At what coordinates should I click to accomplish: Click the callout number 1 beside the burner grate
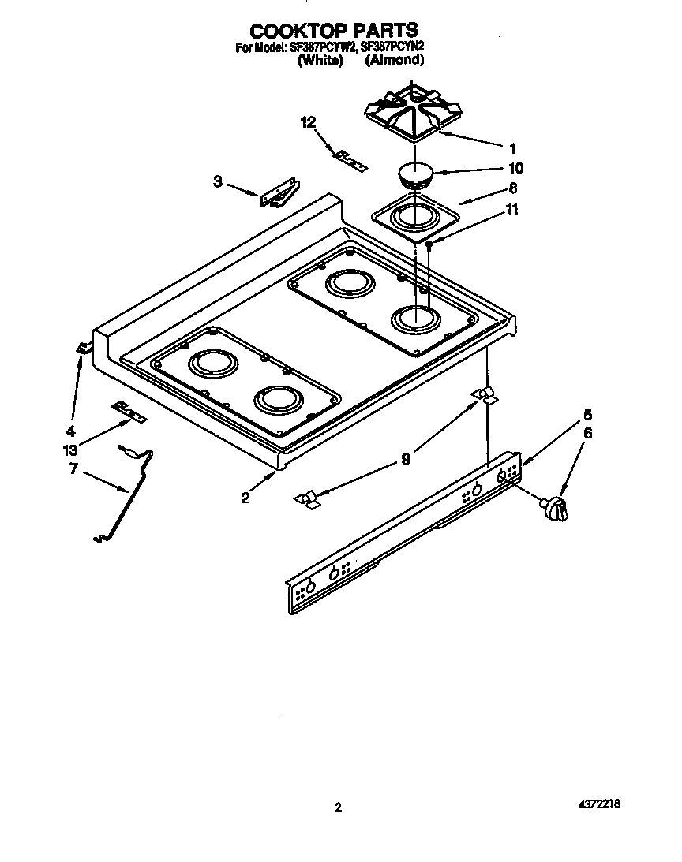512,147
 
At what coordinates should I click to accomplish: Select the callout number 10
515,168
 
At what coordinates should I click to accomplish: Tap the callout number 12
309,121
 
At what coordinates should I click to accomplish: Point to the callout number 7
73,469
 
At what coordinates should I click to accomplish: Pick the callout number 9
406,457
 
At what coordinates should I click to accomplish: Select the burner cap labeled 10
414,174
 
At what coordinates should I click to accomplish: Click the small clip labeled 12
350,160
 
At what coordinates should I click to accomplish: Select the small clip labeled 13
128,410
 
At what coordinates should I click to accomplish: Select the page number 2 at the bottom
338,807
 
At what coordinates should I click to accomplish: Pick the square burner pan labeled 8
414,217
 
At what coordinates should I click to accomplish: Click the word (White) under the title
319,61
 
